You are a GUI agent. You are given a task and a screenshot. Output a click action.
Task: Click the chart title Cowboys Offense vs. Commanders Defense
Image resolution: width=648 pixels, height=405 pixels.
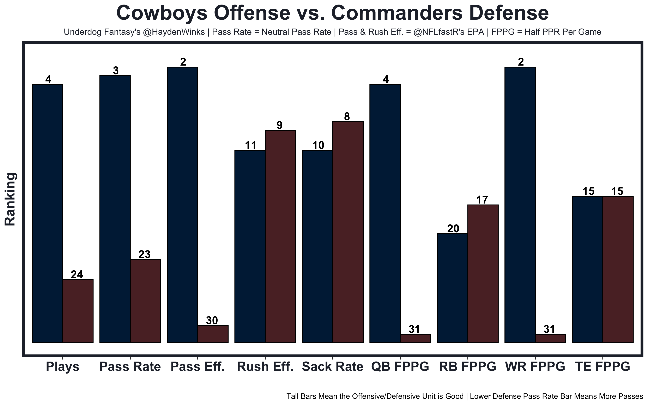click(333, 13)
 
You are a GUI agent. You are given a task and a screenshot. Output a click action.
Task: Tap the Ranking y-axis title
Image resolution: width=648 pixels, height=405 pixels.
click(11, 199)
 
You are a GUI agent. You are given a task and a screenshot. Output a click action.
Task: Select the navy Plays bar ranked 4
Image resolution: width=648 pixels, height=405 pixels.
click(47, 213)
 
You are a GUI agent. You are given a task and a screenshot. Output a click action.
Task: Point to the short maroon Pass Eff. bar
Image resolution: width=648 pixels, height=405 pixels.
click(213, 334)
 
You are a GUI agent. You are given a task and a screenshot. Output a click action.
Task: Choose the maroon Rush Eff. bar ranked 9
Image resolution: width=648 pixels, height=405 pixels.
click(280, 236)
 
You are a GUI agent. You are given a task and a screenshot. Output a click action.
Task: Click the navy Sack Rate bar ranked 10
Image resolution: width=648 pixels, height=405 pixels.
click(317, 246)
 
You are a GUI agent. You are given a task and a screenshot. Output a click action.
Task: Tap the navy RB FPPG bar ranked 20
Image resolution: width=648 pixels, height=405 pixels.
click(452, 288)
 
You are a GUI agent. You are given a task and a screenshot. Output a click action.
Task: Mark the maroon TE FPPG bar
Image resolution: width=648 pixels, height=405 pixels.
click(618, 270)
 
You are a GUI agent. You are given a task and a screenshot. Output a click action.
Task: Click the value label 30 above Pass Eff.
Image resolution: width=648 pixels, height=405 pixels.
click(212, 320)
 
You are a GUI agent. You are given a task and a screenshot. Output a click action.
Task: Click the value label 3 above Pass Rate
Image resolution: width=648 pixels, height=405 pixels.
click(115, 71)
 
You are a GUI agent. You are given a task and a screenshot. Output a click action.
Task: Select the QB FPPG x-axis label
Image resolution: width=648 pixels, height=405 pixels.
click(400, 367)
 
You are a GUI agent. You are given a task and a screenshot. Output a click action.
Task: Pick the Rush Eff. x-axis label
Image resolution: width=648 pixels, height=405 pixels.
click(265, 367)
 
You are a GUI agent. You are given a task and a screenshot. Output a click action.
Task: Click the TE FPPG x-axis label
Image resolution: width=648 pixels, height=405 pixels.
click(602, 367)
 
